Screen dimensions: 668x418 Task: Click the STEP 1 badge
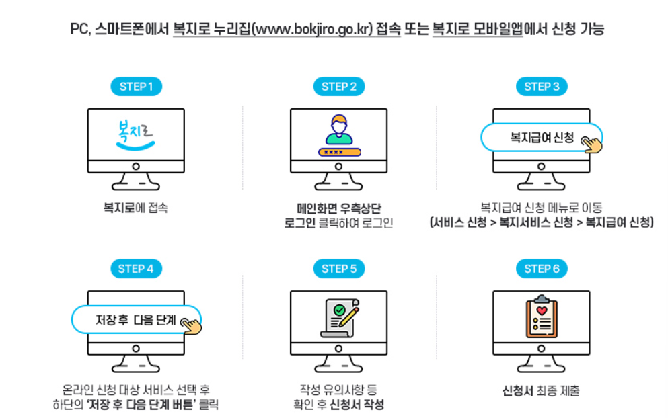pyautogui.click(x=137, y=87)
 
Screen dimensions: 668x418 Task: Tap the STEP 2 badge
pyautogui.click(x=339, y=87)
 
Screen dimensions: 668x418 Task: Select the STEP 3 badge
pyautogui.click(x=542, y=87)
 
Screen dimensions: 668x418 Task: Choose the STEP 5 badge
pyautogui.click(x=339, y=269)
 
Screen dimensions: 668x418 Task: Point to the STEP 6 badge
pyautogui.click(x=542, y=269)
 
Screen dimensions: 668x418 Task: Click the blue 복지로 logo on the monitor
pyautogui.click(x=135, y=135)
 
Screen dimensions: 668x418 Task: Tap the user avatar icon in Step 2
pyautogui.click(x=339, y=130)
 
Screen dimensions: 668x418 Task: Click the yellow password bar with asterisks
pyautogui.click(x=340, y=152)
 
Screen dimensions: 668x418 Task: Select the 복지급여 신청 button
pyautogui.click(x=542, y=137)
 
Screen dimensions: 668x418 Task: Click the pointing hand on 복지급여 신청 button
pyautogui.click(x=592, y=144)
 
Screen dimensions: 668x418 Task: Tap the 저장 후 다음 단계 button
pyautogui.click(x=136, y=319)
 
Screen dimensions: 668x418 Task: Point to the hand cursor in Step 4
pyautogui.click(x=191, y=326)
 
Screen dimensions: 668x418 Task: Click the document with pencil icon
pyautogui.click(x=340, y=318)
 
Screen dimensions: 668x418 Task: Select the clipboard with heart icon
pyautogui.click(x=542, y=317)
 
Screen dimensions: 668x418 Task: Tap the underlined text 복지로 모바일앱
pyautogui.click(x=478, y=29)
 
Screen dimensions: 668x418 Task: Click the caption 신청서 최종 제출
pyautogui.click(x=541, y=390)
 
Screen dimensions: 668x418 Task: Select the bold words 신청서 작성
pyautogui.click(x=357, y=405)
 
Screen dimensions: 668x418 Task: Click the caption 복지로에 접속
pyautogui.click(x=135, y=208)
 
